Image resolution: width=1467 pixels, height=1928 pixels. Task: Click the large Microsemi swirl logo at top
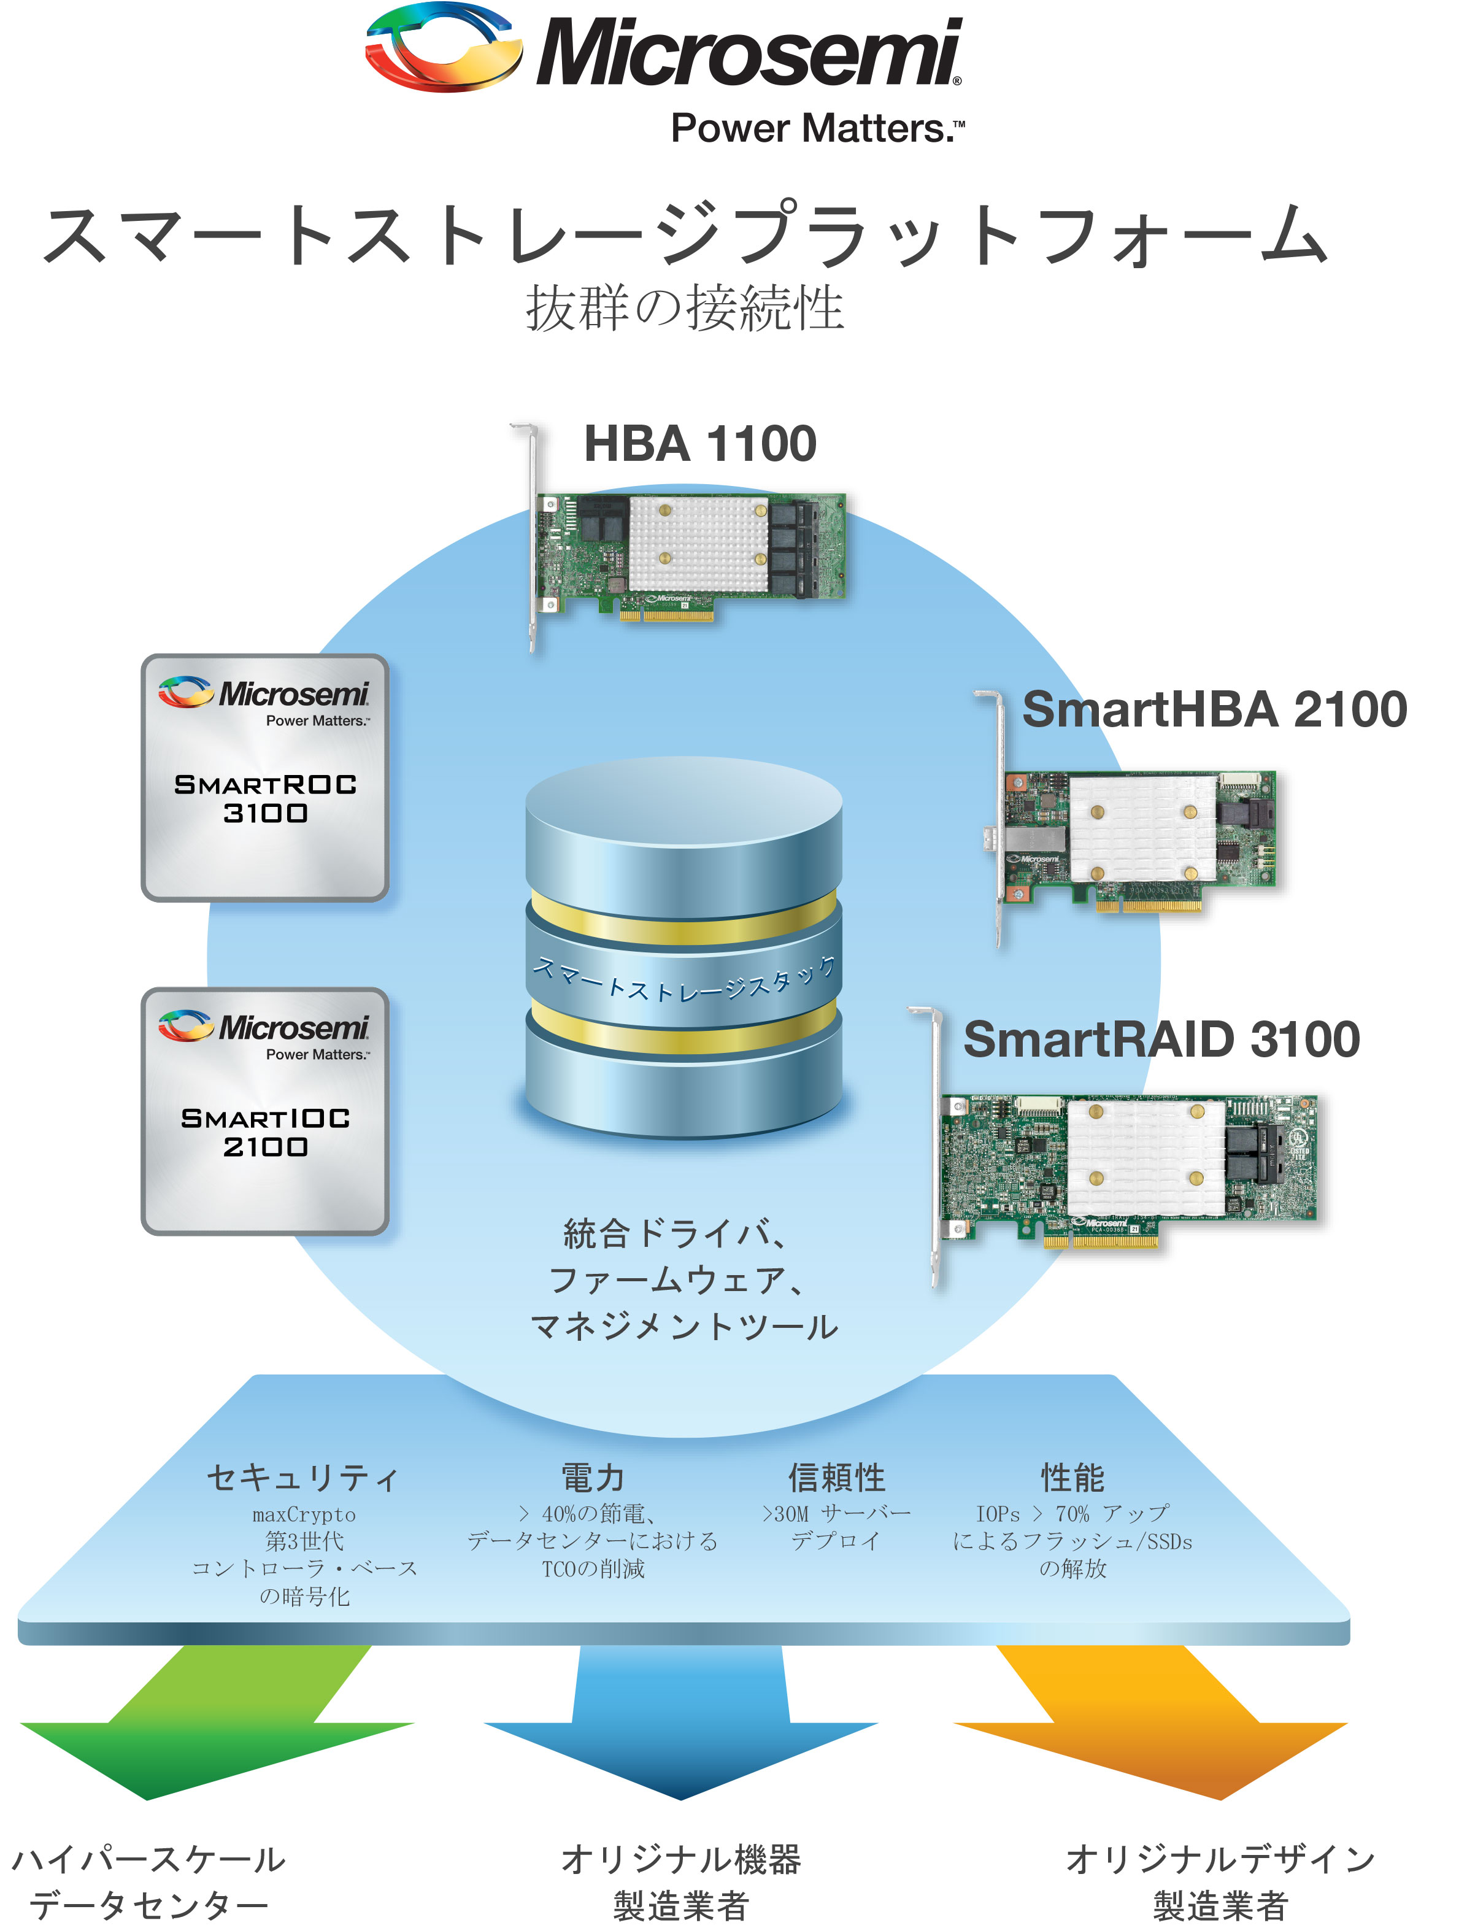pos(443,47)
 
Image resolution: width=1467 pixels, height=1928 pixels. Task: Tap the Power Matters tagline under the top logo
pos(817,128)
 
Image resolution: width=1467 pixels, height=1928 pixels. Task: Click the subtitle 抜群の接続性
pos(685,308)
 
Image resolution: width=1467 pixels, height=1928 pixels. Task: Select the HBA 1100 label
pos(699,444)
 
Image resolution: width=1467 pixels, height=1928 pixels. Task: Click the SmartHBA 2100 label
pos(1214,709)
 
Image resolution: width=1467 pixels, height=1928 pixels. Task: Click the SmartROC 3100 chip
pos(264,777)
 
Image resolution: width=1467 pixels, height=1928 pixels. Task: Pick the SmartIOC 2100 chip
pos(264,1111)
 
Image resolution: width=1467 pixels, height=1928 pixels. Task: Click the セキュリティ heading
pos(303,1478)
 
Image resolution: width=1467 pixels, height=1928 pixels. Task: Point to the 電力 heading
pos(593,1478)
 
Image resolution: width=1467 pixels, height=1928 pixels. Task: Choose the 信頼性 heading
pos(836,1478)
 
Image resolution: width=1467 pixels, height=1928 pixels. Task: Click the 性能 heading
pos(1072,1478)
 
